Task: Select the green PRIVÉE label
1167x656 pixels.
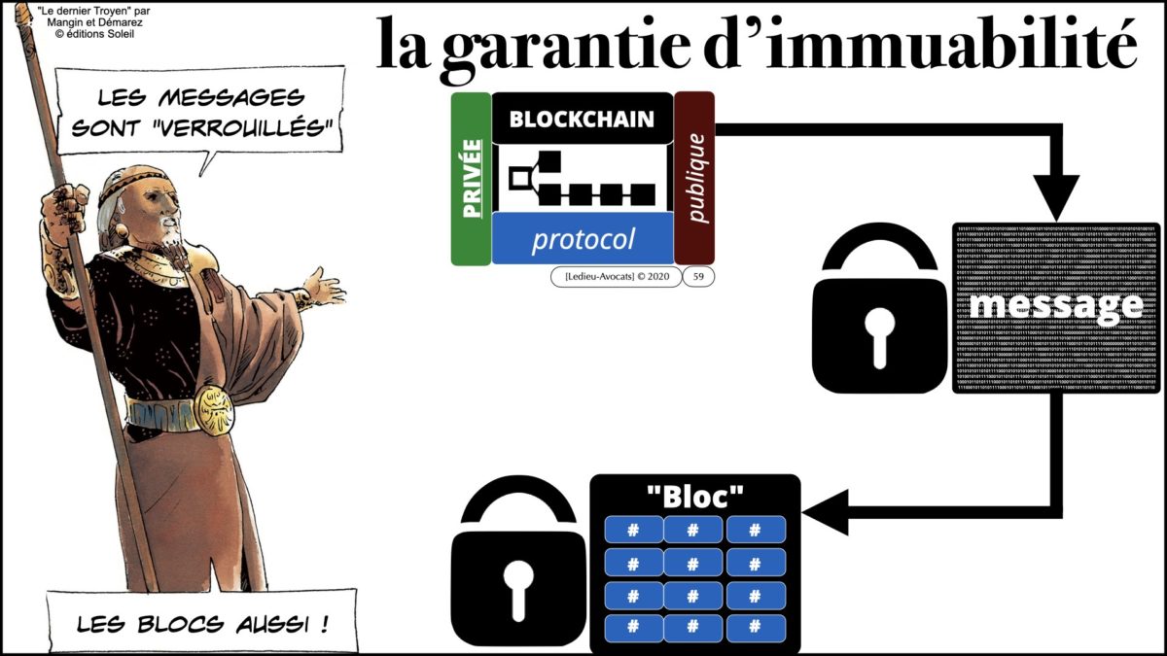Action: (470, 179)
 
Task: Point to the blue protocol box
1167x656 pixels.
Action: (583, 239)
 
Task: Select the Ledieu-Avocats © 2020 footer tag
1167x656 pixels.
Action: (612, 277)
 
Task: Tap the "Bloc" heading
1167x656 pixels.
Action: (694, 496)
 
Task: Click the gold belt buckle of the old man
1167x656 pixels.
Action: (213, 409)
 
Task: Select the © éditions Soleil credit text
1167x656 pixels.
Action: (92, 33)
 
